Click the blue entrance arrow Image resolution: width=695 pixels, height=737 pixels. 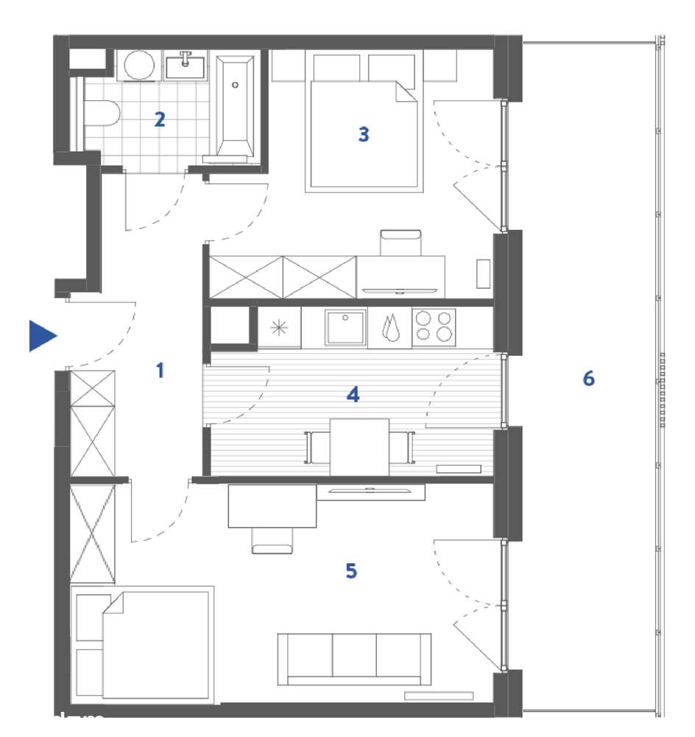43,336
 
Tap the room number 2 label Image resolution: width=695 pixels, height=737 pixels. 160,119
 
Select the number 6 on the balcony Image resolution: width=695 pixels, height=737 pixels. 588,379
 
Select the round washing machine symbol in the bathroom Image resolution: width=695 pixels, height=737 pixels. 138,66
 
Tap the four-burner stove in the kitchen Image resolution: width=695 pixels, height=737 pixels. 434,326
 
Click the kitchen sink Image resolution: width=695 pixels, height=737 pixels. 346,326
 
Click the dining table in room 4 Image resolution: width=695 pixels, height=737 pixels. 359,447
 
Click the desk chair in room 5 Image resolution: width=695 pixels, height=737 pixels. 273,541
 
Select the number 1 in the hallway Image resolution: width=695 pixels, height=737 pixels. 160,371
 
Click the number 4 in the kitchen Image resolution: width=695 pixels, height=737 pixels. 353,395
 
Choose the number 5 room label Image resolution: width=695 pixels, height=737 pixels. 351,570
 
